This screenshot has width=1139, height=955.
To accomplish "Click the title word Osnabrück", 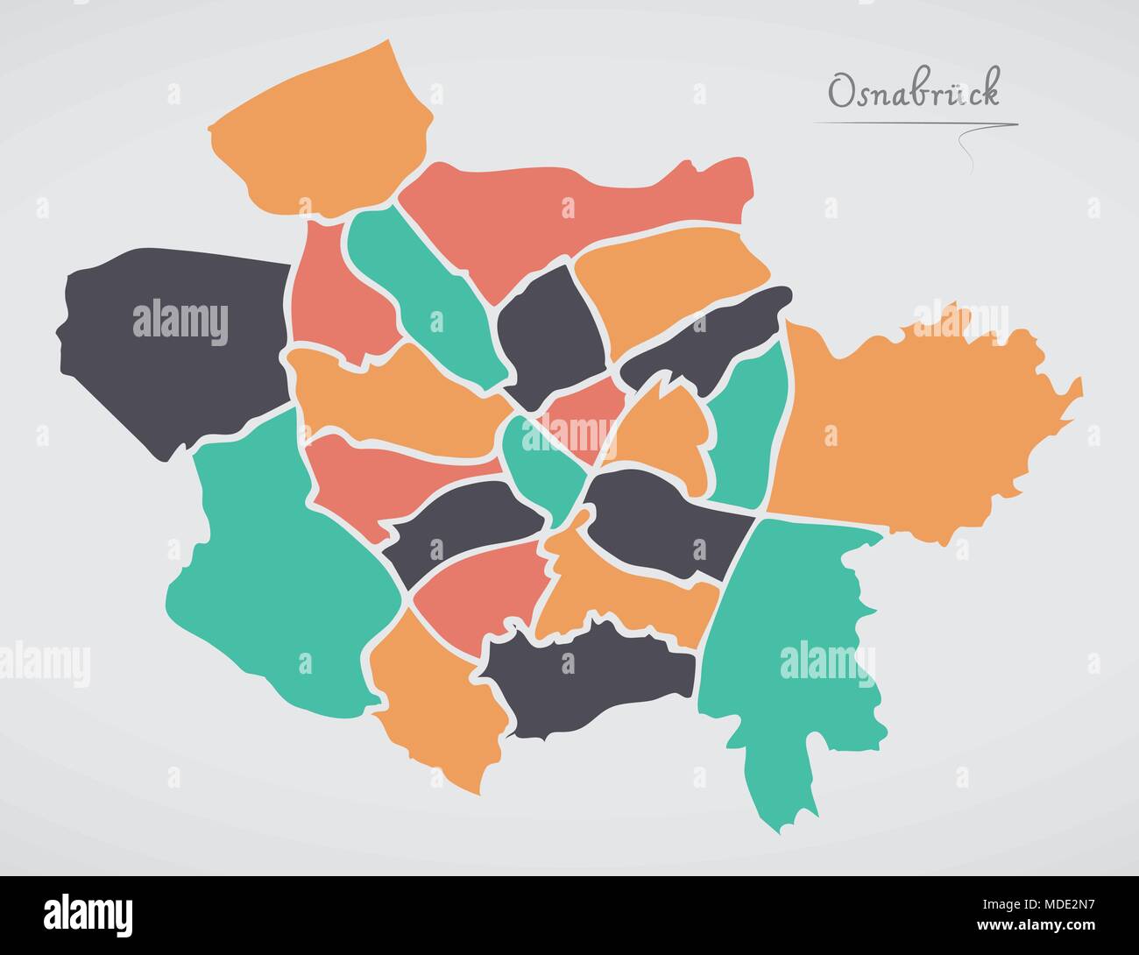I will (914, 92).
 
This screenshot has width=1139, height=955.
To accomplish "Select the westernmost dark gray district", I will (171, 346).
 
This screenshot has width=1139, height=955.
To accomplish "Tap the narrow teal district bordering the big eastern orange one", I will (745, 429).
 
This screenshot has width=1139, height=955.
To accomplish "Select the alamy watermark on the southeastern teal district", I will (815, 657).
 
